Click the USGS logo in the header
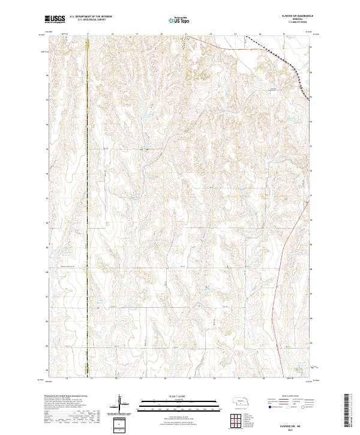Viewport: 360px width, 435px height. point(55,20)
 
